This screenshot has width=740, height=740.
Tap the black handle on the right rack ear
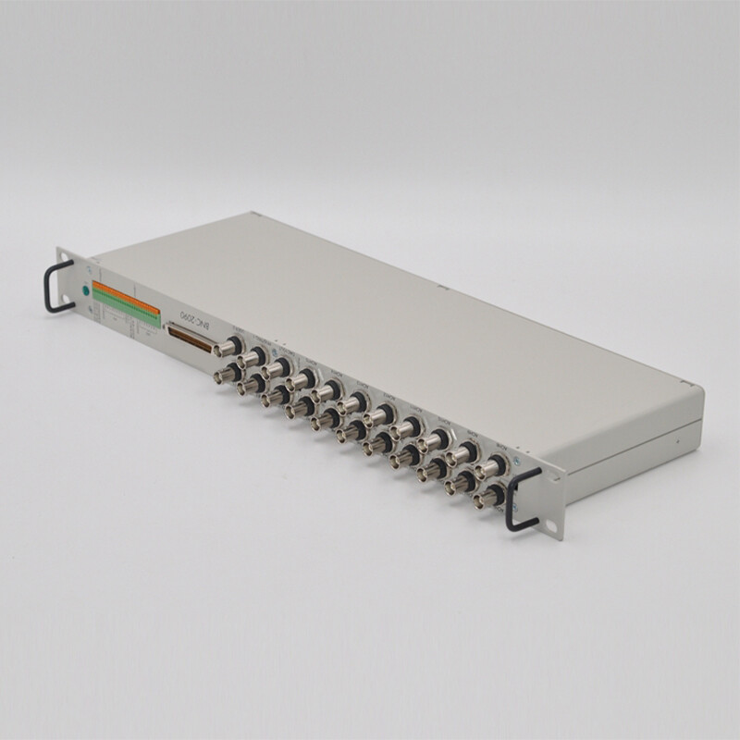(x=524, y=499)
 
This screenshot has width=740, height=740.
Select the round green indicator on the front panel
(x=86, y=290)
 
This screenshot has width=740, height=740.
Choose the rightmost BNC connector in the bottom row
(x=486, y=499)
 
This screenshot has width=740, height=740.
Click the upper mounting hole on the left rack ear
(x=64, y=259)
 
